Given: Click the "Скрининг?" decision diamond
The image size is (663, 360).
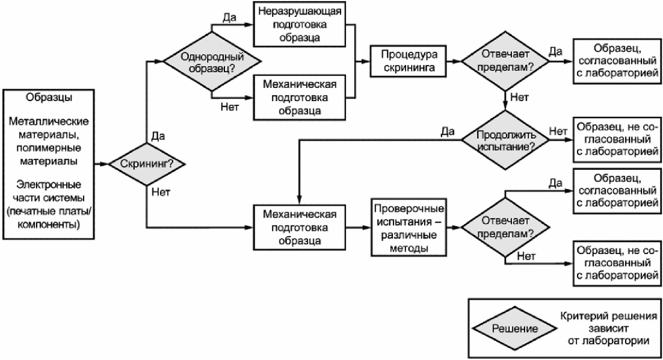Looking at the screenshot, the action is (x=147, y=164).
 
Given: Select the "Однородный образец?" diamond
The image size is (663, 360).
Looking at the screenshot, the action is (x=211, y=62).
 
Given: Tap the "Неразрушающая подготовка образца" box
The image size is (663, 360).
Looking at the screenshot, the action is (x=299, y=24).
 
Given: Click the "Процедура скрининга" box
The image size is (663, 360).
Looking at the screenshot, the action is (x=408, y=61).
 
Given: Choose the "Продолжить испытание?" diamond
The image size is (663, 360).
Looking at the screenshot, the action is (x=505, y=140).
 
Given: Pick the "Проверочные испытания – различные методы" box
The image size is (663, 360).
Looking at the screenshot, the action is (x=409, y=228).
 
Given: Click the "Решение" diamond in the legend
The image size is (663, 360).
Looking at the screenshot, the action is (x=514, y=329).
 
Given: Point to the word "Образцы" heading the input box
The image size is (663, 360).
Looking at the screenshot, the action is (x=49, y=98).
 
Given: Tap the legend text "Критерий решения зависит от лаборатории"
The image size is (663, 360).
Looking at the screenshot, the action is (x=608, y=328).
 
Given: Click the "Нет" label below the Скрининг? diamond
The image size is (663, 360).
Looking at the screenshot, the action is (x=161, y=193).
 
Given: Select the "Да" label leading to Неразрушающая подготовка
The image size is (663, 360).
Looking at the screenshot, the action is (x=229, y=18).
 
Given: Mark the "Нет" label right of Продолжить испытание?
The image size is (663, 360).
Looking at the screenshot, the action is (x=558, y=132).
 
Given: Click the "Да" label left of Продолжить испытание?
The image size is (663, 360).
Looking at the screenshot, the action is (x=448, y=132).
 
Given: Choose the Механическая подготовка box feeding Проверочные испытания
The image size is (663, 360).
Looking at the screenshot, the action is (x=299, y=228).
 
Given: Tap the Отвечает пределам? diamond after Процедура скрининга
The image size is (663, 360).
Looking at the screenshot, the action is (x=505, y=61).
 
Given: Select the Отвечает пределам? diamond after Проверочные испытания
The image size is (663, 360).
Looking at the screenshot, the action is (x=505, y=228).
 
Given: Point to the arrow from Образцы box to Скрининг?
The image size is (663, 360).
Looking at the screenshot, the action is (x=102, y=164).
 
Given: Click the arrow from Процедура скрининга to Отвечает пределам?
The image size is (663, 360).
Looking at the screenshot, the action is (x=454, y=61).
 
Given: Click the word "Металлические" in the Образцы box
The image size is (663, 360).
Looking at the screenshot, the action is (x=49, y=122).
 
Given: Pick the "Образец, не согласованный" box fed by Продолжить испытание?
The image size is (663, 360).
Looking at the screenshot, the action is (x=617, y=140).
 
